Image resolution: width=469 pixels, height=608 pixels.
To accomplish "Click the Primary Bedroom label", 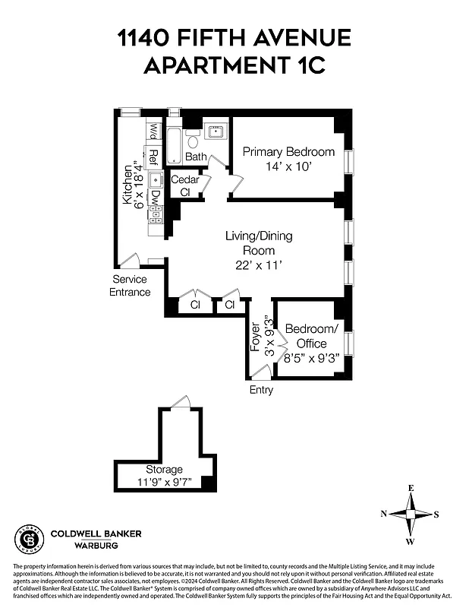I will tap(288, 152).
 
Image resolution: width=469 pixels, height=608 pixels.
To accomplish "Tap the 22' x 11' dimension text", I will tap(258, 265).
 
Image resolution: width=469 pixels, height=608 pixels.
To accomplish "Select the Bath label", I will tap(197, 157).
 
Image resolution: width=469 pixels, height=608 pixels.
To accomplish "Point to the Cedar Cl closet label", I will tap(184, 185).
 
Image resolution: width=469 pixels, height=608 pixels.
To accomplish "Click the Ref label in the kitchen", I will tap(153, 157).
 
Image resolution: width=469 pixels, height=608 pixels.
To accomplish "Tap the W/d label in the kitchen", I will tap(153, 131).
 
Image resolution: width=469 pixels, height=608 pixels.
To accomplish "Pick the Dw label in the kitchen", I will tap(154, 198).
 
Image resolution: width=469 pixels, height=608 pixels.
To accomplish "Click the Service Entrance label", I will tap(130, 286).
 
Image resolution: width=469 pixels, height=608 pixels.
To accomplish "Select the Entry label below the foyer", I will tap(261, 390).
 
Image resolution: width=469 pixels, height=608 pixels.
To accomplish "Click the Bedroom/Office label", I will tap(310, 336).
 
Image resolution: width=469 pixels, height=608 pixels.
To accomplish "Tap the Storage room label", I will tap(164, 469).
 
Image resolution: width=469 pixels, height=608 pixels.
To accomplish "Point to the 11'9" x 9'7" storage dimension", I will tap(164, 482).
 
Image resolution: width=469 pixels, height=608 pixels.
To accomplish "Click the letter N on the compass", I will tap(384, 515).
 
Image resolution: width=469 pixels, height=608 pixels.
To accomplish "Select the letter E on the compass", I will tap(411, 489).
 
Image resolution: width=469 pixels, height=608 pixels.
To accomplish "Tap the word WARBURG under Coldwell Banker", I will tap(96, 545).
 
